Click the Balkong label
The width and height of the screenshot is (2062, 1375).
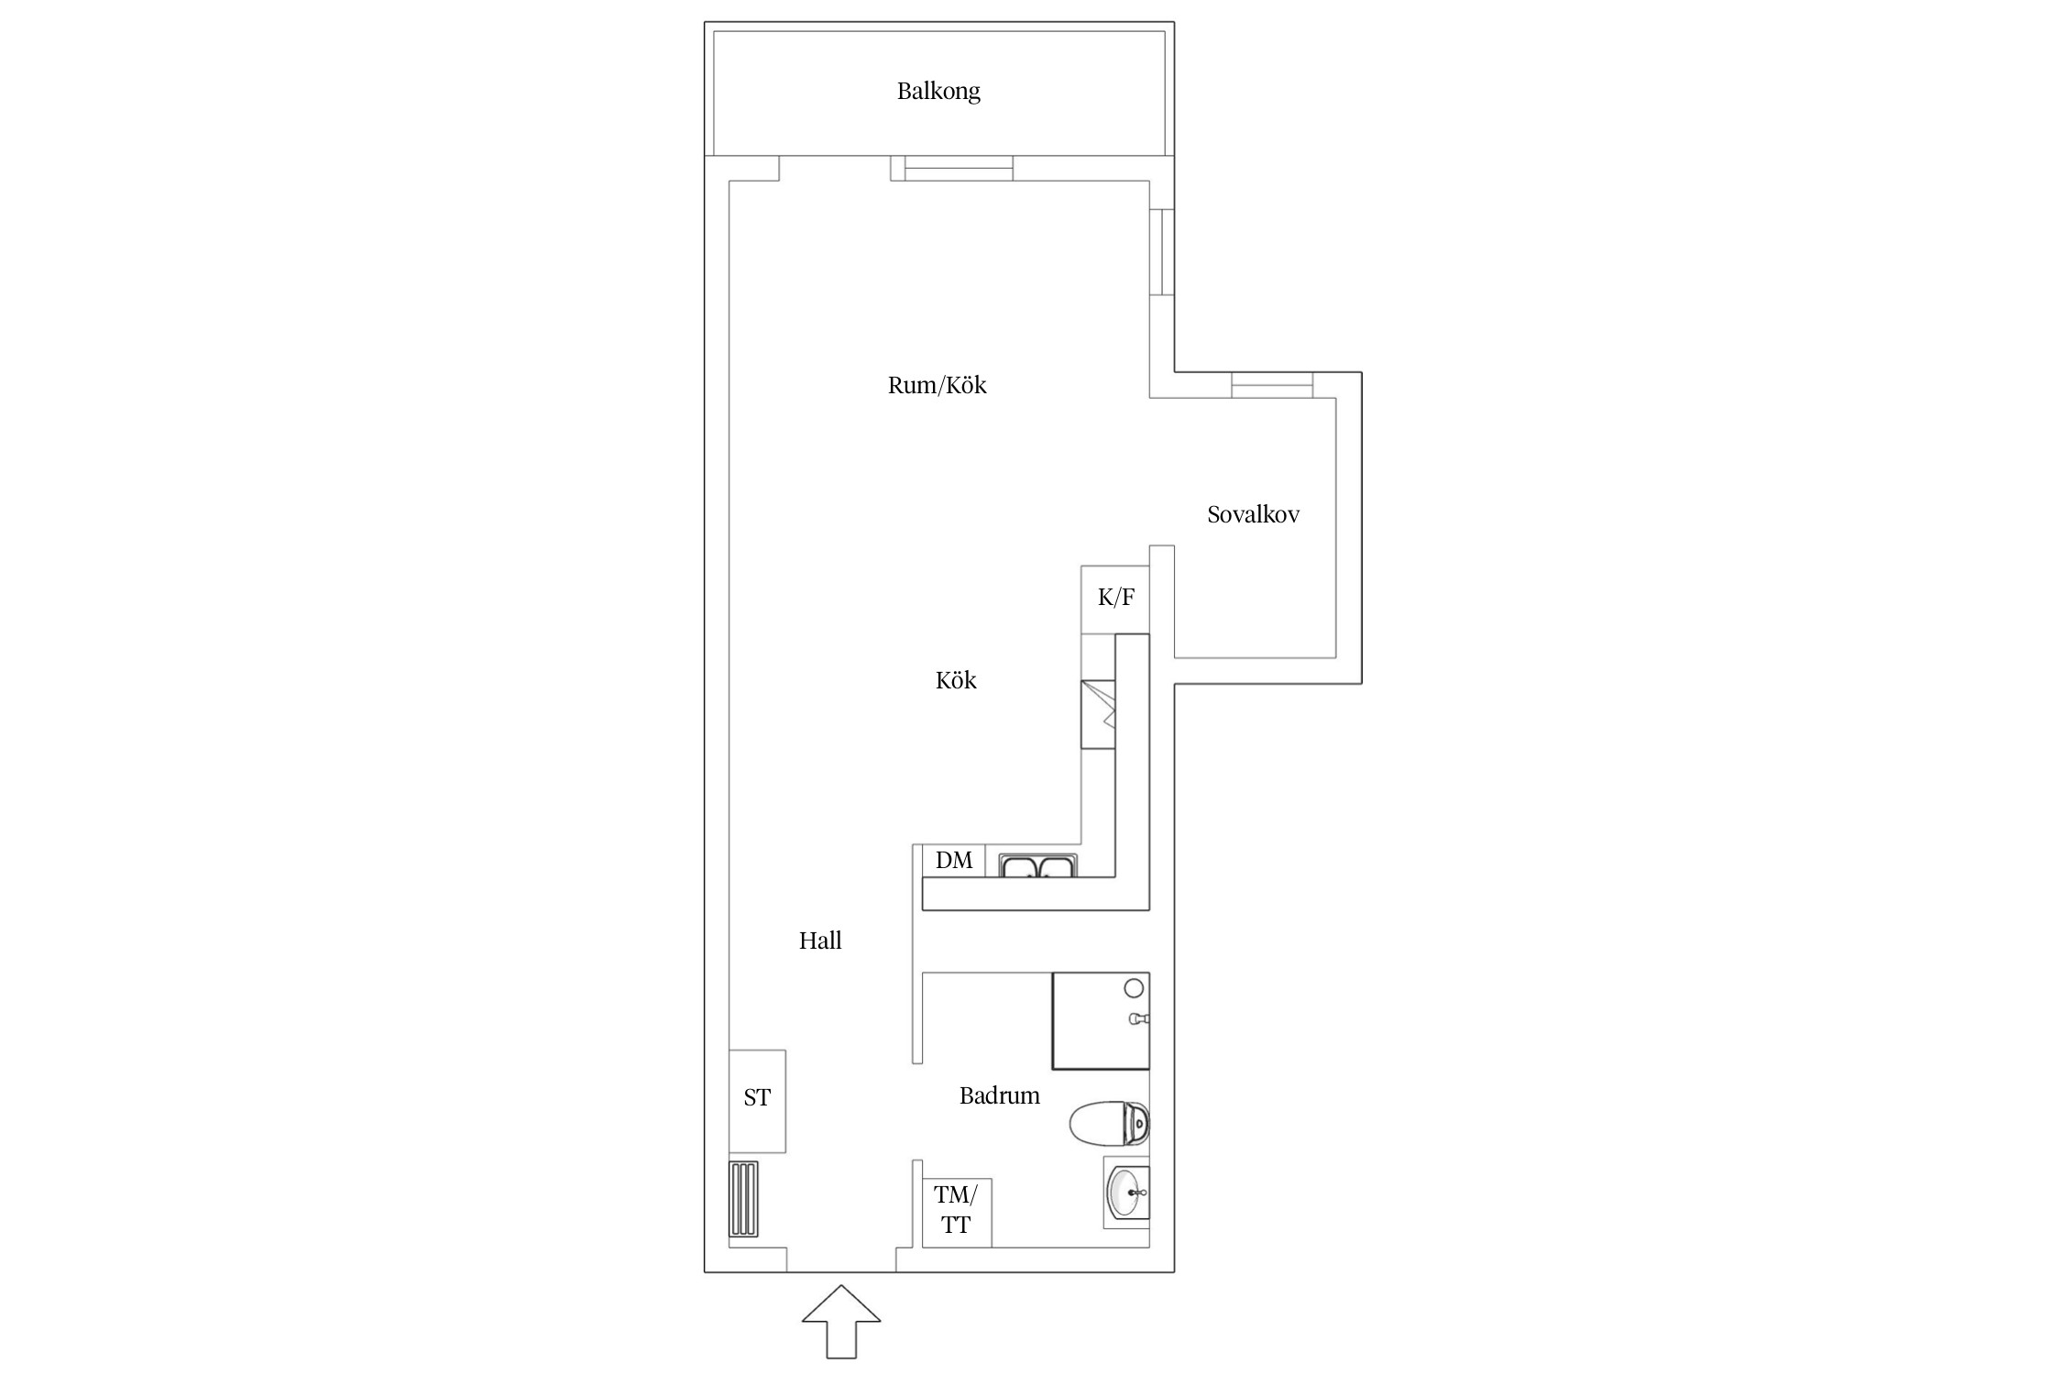pos(938,91)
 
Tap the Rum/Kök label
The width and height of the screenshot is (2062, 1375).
pos(937,385)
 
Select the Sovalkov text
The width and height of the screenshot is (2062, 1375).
pos(1253,514)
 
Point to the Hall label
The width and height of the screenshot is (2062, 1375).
pos(820,940)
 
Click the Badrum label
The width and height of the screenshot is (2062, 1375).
pos(999,1095)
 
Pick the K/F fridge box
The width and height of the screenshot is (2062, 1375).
pos(1115,599)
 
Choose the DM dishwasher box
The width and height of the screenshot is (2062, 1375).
pos(954,861)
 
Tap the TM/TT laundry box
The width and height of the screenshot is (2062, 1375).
pos(957,1213)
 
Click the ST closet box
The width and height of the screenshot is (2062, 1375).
pos(757,1101)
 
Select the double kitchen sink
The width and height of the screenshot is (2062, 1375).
pos(1038,865)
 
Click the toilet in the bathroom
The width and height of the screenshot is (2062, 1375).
pos(1110,1124)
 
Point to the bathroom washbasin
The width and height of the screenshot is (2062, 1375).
pos(1126,1193)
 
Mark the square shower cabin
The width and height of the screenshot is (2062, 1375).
pos(1101,1021)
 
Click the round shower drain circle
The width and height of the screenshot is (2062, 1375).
pos(1134,988)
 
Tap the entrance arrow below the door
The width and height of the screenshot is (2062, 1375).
pos(841,1321)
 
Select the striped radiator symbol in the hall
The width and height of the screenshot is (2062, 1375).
pos(743,1199)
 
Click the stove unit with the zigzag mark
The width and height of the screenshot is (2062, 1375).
pos(1098,714)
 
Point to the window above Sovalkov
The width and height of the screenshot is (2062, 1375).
pos(1272,385)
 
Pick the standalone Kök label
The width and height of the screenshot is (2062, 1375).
pos(956,680)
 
